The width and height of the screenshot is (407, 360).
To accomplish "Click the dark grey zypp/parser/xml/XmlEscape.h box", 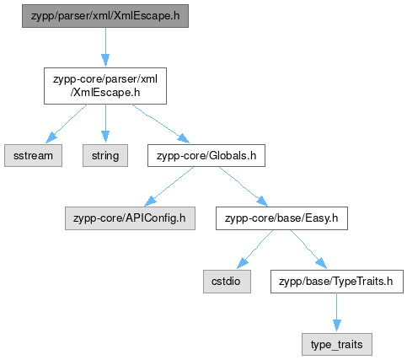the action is point(105,16).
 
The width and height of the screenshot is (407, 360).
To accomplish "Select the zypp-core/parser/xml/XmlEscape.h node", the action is point(105,86).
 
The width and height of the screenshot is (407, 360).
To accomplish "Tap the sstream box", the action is point(33,155).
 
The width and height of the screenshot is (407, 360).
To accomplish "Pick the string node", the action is point(105,155).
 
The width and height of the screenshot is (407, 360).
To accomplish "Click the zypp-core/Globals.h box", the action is point(206,155).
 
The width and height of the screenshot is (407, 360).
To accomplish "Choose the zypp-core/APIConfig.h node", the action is point(130,218).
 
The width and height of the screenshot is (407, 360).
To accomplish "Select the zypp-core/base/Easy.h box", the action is point(281,218).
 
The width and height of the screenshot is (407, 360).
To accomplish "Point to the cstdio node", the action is point(227,282).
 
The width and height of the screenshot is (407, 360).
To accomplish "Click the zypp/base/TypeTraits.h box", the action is point(337,282).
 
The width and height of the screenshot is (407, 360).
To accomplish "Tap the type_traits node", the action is point(337,345).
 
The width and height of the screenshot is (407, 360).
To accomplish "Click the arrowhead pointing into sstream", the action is point(51,137).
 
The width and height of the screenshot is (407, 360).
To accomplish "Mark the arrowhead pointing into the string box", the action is point(105,137).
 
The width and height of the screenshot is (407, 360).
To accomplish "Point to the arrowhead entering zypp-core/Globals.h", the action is point(183,139).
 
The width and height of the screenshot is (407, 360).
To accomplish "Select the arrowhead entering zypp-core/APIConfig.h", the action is point(150,201).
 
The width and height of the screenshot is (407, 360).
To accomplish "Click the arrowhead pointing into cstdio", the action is point(243,263).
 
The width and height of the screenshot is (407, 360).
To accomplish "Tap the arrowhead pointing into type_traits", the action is point(337,326).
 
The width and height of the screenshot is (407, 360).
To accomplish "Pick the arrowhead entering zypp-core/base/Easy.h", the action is point(262,201).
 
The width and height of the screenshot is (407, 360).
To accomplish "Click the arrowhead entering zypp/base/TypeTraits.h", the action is point(321,264).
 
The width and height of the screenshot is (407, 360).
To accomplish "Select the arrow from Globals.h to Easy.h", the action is point(244,186).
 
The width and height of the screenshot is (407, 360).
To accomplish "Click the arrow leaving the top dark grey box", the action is point(105,47).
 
